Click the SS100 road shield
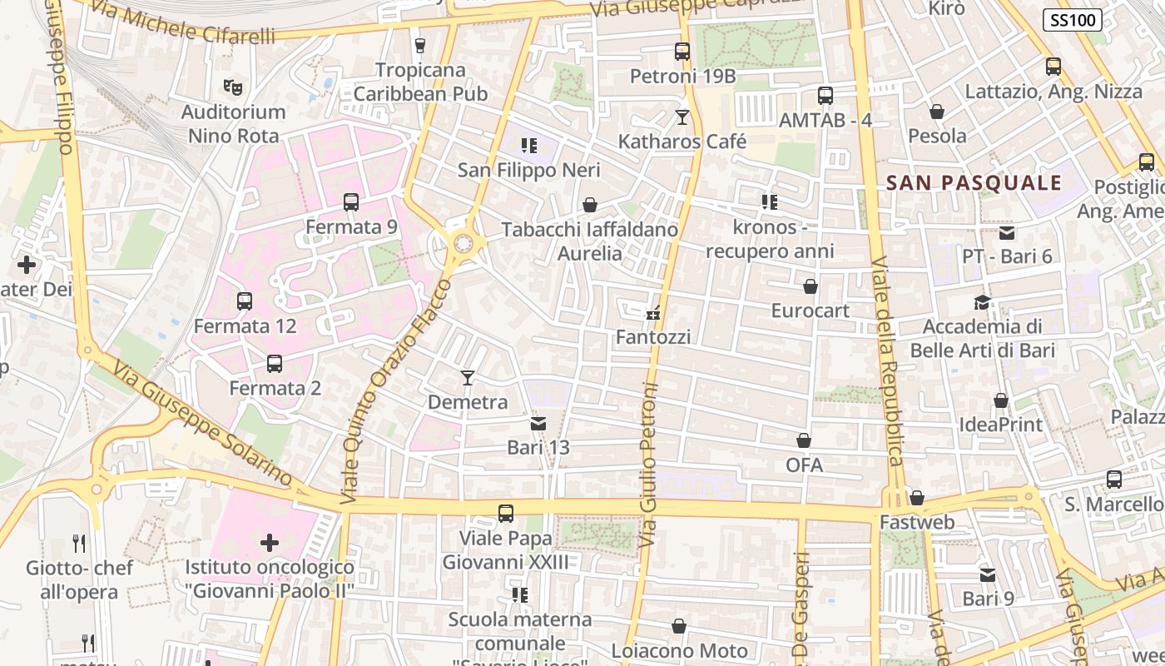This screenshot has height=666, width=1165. [1073, 20]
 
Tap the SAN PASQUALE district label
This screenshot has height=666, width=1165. [974, 183]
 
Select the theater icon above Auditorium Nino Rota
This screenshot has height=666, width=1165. [233, 86]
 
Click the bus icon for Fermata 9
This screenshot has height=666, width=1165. [351, 201]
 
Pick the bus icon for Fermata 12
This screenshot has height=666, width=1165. [245, 301]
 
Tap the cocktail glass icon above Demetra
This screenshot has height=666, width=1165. [468, 378]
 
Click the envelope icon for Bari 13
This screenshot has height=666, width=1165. [538, 424]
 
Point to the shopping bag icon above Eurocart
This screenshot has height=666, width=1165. [811, 287]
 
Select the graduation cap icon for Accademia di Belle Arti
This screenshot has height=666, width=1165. [983, 302]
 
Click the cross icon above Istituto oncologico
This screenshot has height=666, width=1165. [270, 544]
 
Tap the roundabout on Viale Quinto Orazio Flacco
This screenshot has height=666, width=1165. [464, 243]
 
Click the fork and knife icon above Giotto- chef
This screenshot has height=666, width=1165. [79, 544]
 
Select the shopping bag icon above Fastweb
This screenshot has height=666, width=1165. [917, 498]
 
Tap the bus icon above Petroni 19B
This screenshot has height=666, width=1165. [682, 52]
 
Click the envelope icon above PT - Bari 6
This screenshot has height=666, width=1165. [1007, 232]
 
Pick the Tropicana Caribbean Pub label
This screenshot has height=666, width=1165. [420, 82]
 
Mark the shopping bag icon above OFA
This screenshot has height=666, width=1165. [804, 440]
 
